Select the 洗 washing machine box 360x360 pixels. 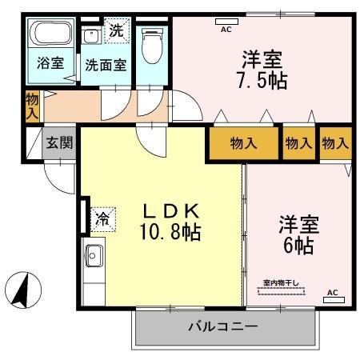pos(117,33)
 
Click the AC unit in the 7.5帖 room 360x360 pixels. pos(225,21)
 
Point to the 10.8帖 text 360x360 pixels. pos(171,234)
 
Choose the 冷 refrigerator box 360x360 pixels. pos(103,216)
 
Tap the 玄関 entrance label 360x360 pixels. pos(58,143)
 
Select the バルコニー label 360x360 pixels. pos(222,327)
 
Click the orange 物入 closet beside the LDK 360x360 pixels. pos(242,143)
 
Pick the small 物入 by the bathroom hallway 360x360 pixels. pos(32,106)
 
